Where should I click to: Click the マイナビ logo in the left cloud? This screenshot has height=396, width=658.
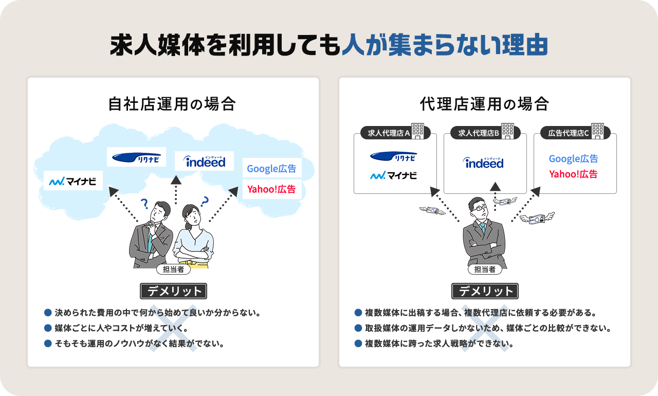[x=73, y=181]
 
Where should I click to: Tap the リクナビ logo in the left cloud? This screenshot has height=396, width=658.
[x=136, y=157]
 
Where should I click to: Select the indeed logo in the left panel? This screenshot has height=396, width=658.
[x=204, y=161]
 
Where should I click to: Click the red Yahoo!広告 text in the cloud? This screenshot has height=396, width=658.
[x=271, y=189]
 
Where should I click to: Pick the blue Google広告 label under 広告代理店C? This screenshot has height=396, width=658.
[x=573, y=159]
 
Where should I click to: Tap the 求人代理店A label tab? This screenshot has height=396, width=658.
[x=389, y=133]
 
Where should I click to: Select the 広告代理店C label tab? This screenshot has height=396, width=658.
[x=568, y=133]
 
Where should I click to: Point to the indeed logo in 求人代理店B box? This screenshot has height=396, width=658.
[x=484, y=163]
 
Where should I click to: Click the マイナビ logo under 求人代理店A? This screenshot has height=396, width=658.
[x=394, y=176]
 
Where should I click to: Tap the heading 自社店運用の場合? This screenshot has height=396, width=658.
[x=172, y=104]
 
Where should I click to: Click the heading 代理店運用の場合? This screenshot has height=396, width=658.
[x=484, y=104]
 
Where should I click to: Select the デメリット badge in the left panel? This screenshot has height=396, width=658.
[x=173, y=291]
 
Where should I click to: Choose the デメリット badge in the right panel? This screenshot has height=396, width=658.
[x=485, y=291]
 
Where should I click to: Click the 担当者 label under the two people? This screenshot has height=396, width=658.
[x=173, y=268]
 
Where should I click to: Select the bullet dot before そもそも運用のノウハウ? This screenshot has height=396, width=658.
[x=48, y=343]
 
